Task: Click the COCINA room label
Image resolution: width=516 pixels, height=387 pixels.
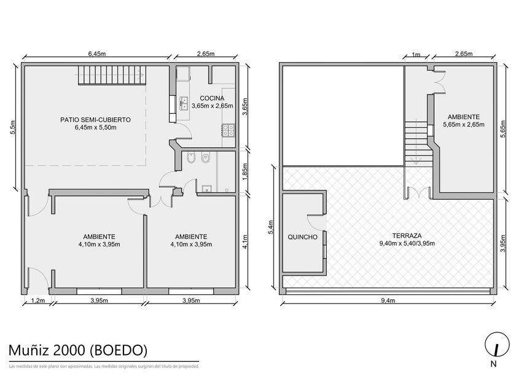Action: pyautogui.click(x=213, y=98)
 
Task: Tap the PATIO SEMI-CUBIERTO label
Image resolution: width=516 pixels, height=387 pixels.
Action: pyautogui.click(x=95, y=120)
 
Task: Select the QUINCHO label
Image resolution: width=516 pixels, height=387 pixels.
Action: pyautogui.click(x=302, y=237)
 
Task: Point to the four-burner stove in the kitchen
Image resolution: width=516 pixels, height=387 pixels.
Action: pyautogui.click(x=228, y=130)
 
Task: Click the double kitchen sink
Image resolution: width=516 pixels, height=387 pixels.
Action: pyautogui.click(x=183, y=103)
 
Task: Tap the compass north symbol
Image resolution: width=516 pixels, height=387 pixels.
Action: pyautogui.click(x=495, y=346)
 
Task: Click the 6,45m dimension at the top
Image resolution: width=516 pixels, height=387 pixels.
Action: pyautogui.click(x=97, y=54)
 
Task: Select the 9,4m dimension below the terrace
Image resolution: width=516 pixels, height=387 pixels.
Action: pyautogui.click(x=388, y=300)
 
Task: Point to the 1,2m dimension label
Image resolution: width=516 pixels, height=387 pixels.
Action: pyautogui.click(x=38, y=300)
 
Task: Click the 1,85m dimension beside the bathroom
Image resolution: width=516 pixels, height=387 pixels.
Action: pyautogui.click(x=244, y=171)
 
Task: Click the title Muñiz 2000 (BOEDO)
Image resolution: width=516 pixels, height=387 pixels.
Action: pyautogui.click(x=77, y=350)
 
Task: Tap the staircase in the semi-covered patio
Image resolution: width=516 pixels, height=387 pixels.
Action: pyautogui.click(x=112, y=76)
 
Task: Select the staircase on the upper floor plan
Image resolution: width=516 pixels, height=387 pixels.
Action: pyautogui.click(x=418, y=144)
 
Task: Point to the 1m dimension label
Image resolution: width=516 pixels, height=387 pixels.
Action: pyautogui.click(x=416, y=55)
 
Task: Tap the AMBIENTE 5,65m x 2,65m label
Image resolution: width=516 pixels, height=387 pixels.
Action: pyautogui.click(x=463, y=120)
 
